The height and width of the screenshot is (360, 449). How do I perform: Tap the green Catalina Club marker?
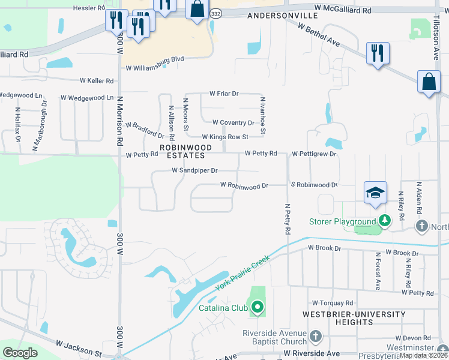tap(258, 308)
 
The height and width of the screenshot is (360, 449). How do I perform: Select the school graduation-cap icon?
tap(375, 192)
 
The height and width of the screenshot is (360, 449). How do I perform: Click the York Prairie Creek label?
tap(243, 271)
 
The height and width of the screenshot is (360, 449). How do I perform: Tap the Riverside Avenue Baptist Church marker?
tap(316, 335)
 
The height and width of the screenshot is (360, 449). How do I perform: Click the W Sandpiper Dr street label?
tap(194, 171)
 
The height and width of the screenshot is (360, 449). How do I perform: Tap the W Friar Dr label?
tap(224, 94)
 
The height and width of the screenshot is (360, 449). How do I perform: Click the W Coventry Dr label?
tap(234, 122)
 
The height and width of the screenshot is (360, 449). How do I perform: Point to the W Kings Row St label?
tap(224, 137)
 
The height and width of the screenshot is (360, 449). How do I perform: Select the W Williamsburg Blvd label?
tap(154, 60)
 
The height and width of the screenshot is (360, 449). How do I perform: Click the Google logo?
tap(20, 353)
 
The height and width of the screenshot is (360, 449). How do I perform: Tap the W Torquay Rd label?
tap(333, 304)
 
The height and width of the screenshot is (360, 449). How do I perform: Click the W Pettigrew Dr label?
tap(314, 154)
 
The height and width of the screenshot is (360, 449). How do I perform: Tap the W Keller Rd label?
tap(97, 80)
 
